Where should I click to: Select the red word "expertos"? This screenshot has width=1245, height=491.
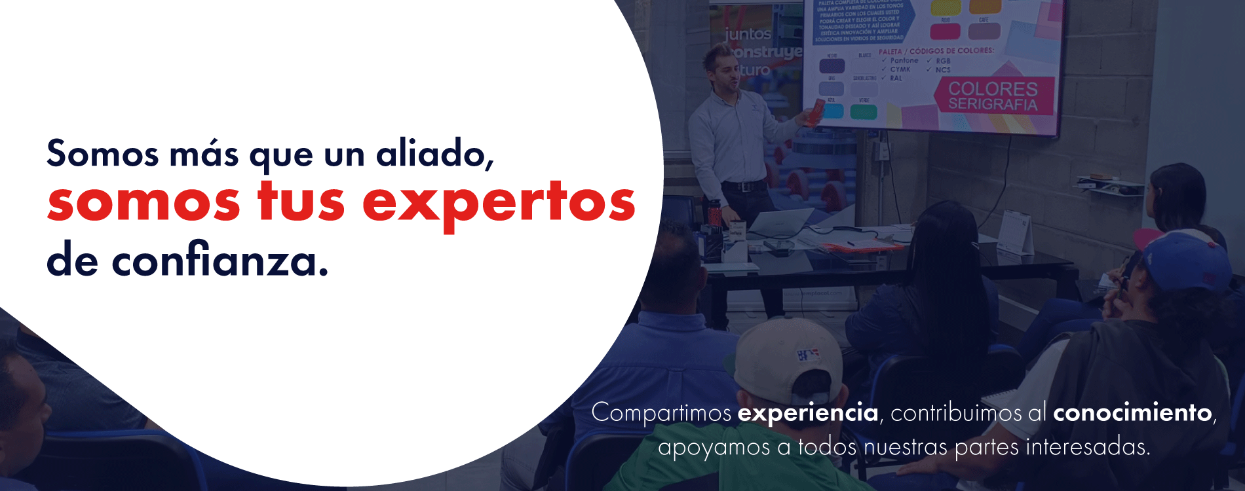[x=499, y=203]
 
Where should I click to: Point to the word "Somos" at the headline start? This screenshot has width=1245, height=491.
[x=102, y=154]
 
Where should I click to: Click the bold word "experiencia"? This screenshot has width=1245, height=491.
[x=807, y=413]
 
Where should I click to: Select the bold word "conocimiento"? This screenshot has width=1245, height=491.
[x=1132, y=413]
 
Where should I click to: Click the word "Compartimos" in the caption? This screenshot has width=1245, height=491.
[x=661, y=413]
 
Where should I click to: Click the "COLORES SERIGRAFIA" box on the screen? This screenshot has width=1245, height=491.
[x=993, y=96]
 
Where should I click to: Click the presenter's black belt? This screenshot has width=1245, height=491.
[x=744, y=186]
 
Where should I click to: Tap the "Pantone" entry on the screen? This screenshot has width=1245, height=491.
[x=904, y=60]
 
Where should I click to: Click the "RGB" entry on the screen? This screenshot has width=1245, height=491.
[x=943, y=60]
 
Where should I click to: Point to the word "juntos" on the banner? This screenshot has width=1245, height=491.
[x=747, y=34]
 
